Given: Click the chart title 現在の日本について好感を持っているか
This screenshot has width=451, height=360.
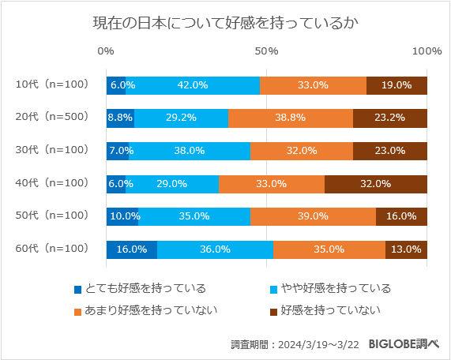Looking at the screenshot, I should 225,23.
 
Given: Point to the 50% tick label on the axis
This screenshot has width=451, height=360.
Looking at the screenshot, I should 267,51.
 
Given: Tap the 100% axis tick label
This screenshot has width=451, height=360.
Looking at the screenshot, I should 427,51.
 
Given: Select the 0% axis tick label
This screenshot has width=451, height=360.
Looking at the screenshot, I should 106,51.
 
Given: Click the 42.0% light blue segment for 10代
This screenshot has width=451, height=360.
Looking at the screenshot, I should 193,85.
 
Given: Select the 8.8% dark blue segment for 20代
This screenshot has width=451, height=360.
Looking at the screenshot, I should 120,118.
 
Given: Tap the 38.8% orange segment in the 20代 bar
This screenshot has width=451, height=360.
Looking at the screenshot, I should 290,118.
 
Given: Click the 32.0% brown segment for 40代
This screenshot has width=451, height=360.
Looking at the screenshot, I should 375,183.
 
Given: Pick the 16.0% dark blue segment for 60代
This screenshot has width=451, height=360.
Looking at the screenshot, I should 132,249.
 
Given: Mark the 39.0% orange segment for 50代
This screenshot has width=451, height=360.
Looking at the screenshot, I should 313,216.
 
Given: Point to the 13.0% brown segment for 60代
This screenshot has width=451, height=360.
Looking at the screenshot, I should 406,249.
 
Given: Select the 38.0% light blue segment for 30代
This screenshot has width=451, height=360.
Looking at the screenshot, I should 190,151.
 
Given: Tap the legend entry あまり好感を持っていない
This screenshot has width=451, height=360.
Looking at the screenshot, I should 145,310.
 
